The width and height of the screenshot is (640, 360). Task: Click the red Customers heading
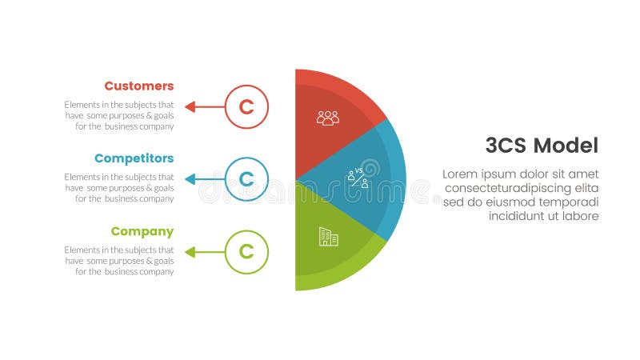[x=138, y=86]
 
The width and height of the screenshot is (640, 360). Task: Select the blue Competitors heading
[x=134, y=158]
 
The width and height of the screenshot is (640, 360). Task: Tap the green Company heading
[x=142, y=231]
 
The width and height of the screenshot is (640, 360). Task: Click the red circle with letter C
[x=246, y=106]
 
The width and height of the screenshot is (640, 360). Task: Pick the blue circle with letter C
[x=246, y=179]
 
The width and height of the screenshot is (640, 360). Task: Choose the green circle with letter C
[x=246, y=252]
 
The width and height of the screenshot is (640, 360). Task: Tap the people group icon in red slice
[x=328, y=118]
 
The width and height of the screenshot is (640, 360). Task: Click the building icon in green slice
[x=328, y=236]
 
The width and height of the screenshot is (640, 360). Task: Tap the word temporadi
[x=570, y=202]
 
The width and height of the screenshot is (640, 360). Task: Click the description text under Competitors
[x=119, y=188]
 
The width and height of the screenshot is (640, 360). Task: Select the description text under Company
[x=119, y=261]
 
